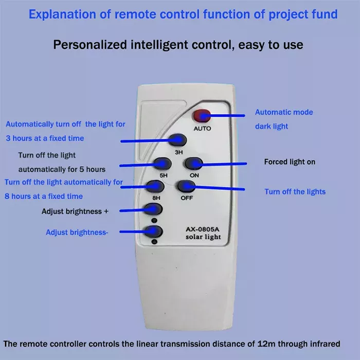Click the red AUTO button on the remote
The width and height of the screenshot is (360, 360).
coord(202,116)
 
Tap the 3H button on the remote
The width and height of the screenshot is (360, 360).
coord(178,140)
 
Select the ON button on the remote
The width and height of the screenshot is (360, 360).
coord(193,164)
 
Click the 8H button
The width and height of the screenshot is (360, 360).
coord(155,186)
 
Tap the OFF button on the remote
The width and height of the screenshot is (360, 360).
coord(186,186)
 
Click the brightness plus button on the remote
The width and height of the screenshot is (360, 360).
coord(154,209)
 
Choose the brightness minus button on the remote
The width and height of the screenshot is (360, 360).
coord(154,231)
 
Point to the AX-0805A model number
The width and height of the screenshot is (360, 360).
coord(203,229)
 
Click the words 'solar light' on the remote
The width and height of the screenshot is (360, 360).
coord(203,237)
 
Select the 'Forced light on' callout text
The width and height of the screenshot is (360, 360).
coord(290,162)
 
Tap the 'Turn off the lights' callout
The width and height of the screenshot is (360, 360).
coord(295,192)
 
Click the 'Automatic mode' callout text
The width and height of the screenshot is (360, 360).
coord(284,112)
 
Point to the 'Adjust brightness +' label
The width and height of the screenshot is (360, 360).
coord(75,211)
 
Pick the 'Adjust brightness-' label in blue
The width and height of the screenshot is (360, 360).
coord(77,232)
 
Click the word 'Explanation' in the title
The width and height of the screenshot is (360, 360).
coord(62,14)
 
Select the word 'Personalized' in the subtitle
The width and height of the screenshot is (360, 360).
coord(90,45)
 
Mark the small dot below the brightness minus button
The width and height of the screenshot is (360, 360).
coord(154,242)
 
